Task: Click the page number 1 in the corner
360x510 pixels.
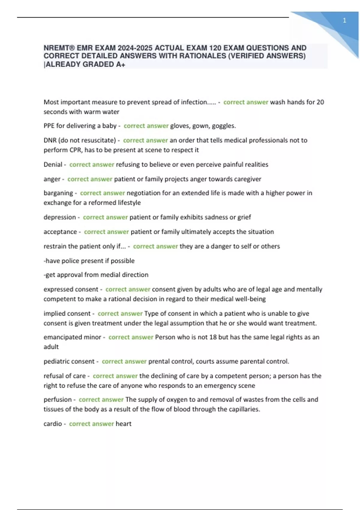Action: (x=344, y=20)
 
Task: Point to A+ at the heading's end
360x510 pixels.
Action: (x=121, y=64)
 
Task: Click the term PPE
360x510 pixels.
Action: (x=49, y=126)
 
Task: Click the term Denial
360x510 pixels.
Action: (x=53, y=164)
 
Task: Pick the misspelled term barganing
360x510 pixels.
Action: (x=58, y=193)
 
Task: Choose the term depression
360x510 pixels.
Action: (x=60, y=217)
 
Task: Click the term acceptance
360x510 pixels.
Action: (x=60, y=232)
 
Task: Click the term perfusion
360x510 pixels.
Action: (x=58, y=400)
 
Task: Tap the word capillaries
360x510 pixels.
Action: (x=244, y=409)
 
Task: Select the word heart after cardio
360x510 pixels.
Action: (x=124, y=424)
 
